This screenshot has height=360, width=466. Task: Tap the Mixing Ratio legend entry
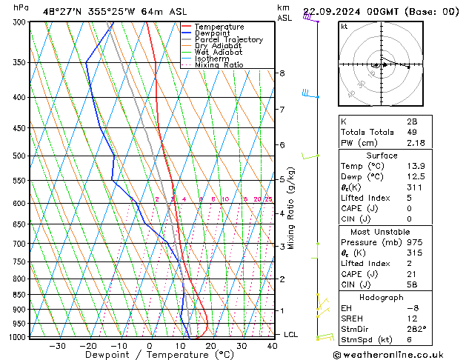coord(219,65)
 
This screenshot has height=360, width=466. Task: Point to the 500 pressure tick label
coord(19,156)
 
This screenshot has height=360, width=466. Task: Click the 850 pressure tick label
coord(19,295)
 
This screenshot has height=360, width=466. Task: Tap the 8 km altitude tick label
coord(282,73)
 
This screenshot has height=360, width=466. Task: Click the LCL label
coord(291,335)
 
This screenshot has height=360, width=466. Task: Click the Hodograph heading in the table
coord(382,297)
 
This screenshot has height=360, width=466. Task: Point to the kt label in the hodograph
coord(344,26)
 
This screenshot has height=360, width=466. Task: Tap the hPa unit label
coord(21,7)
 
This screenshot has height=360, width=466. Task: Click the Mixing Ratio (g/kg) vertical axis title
coord(292,208)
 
